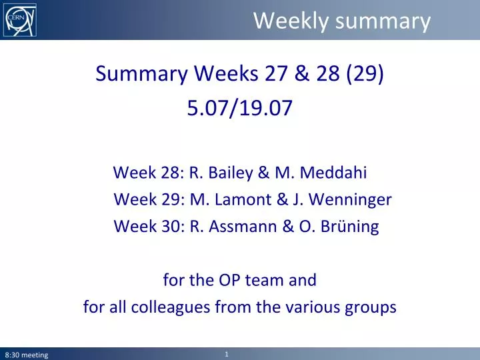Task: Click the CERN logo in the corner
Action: pyautogui.click(x=21, y=20)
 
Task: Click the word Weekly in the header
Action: pyautogui.click(x=291, y=21)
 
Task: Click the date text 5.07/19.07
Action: pyautogui.click(x=239, y=108)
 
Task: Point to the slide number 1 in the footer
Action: pyautogui.click(x=227, y=355)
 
